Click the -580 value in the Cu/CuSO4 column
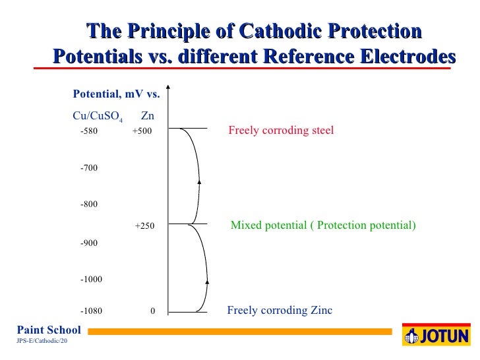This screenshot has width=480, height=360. click(x=88, y=131)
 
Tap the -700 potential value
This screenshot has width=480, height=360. click(x=88, y=169)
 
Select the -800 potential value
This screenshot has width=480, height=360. click(x=88, y=205)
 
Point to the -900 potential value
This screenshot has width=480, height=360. click(x=88, y=243)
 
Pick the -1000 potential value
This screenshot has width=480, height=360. click(x=91, y=280)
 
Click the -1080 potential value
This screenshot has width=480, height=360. click(x=91, y=311)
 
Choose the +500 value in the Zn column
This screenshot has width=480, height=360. click(x=142, y=131)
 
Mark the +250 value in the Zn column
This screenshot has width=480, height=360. click(x=144, y=226)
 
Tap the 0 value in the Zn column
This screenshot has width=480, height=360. click(x=152, y=311)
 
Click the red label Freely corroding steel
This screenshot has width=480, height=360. click(x=281, y=131)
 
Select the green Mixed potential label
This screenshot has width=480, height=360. click(x=323, y=225)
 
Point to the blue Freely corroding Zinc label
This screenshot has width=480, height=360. click(x=280, y=311)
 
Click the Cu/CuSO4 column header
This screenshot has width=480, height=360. click(x=97, y=117)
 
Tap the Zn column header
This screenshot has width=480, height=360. click(x=148, y=116)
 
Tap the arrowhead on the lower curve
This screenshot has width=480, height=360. click(x=208, y=282)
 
